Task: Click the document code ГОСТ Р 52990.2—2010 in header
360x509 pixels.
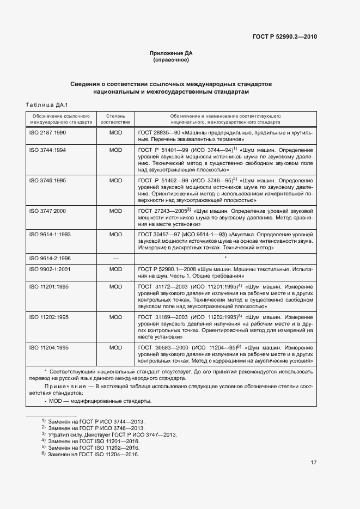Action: pos(285,37)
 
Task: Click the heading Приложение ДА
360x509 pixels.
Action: pos(171,53)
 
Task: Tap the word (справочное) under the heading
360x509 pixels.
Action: pos(171,60)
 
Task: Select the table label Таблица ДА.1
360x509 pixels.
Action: pos(45,105)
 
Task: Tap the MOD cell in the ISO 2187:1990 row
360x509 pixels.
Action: pos(115,133)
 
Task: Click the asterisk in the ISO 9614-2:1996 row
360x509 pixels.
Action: pos(225,257)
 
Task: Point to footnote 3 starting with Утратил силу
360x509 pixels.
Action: pos(108,434)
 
